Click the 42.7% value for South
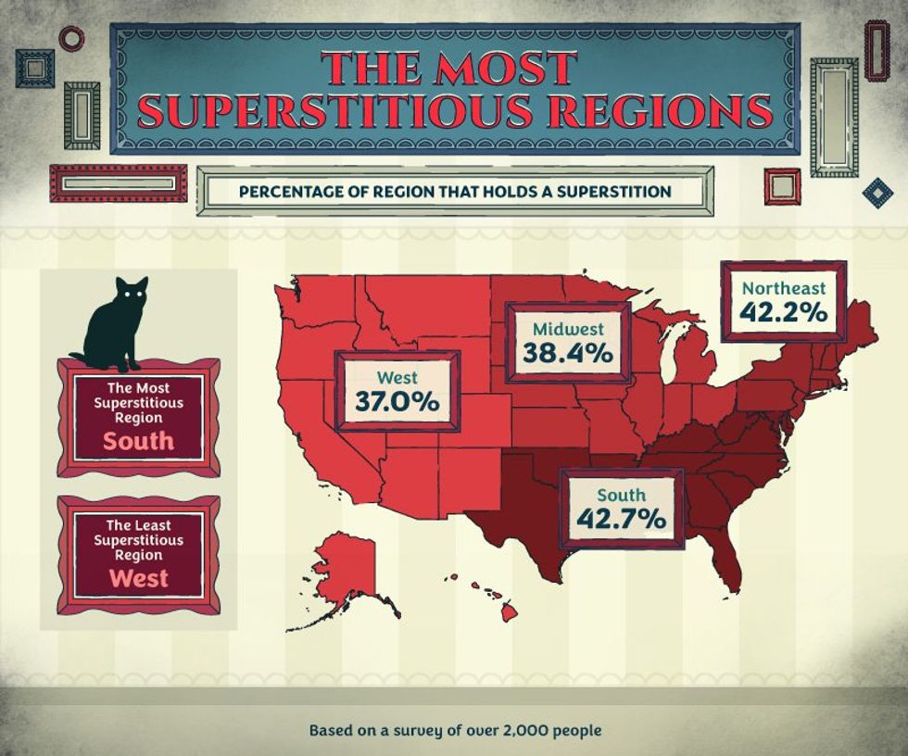pyautogui.click(x=621, y=520)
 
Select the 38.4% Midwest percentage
pyautogui.click(x=567, y=353)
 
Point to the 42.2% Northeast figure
pyautogui.click(x=783, y=312)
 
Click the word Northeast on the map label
pyautogui.click(x=783, y=287)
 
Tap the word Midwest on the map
pyautogui.click(x=567, y=329)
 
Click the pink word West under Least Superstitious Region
pyautogui.click(x=138, y=579)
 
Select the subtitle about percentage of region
pyautogui.click(x=454, y=193)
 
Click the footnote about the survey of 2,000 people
pyautogui.click(x=454, y=730)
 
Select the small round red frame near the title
pyautogui.click(x=71, y=38)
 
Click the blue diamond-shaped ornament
pyautogui.click(x=876, y=193)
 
